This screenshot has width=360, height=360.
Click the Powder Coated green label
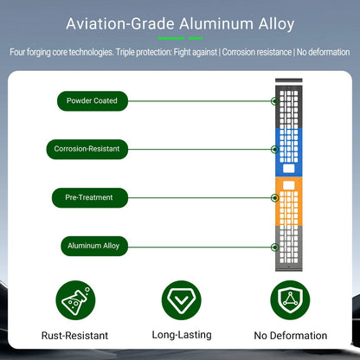93,101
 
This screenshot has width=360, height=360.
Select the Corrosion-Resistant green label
87,149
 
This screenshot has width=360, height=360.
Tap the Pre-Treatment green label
90,197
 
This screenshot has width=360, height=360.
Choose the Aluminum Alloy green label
94,246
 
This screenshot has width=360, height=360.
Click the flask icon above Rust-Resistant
75,300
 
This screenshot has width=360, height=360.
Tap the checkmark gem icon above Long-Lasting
182,300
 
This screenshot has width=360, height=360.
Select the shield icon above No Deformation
290,300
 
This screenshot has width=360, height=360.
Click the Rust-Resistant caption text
74,336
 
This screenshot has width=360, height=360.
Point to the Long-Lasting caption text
182,335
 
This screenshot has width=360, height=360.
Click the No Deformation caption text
291,336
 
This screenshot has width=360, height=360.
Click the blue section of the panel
289,152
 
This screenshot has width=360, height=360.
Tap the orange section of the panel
289,201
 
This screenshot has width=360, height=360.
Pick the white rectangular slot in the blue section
289,169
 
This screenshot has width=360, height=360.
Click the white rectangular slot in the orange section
289,185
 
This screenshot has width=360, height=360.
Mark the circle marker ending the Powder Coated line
275,101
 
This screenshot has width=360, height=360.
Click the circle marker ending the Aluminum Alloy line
275,247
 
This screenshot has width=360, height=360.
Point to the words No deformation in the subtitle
323,52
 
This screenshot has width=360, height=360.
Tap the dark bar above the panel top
289,80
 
